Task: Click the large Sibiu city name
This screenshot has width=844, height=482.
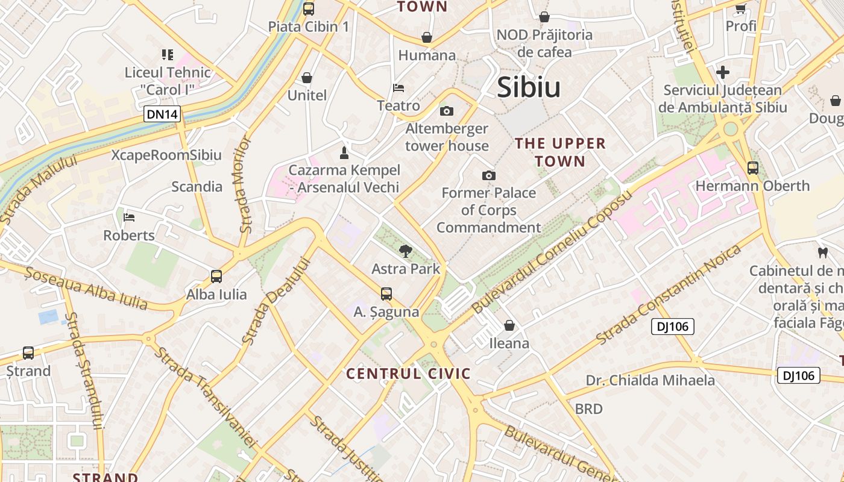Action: [529, 88]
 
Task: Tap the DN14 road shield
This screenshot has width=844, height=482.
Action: [162, 113]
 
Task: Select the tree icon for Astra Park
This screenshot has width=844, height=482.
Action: [406, 251]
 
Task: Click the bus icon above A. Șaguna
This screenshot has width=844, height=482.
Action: [386, 294]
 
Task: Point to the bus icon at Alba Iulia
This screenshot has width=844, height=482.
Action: [216, 277]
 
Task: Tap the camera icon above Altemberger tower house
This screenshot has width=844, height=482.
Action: [447, 111]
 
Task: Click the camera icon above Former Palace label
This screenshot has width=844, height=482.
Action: [489, 175]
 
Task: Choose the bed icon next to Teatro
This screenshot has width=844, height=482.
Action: [398, 88]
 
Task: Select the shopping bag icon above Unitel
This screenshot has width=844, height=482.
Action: [307, 78]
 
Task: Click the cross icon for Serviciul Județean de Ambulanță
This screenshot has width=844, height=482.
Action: [723, 73]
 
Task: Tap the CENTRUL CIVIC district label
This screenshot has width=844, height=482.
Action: [408, 374]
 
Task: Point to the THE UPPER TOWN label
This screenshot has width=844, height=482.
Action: [560, 152]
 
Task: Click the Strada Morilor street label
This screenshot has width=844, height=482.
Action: [244, 184]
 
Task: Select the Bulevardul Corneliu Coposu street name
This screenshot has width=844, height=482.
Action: [552, 251]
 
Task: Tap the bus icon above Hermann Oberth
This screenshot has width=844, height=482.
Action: [753, 168]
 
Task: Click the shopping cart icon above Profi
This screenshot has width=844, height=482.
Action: [741, 8]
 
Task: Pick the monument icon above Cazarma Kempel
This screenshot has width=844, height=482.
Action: [344, 152]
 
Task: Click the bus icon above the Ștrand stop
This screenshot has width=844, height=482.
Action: [28, 353]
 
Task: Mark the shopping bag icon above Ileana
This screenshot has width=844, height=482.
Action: [509, 325]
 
